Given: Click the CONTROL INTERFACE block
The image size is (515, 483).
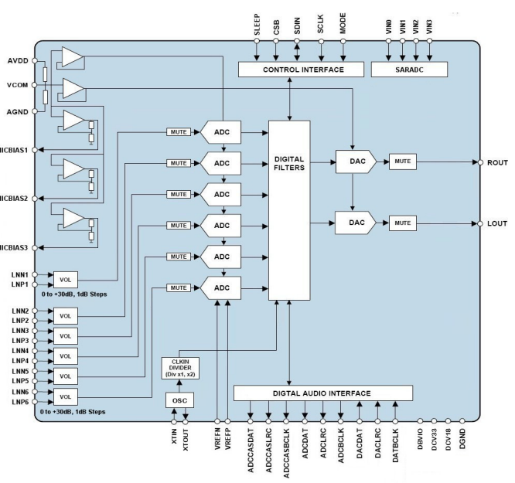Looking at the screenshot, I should pos(302,70).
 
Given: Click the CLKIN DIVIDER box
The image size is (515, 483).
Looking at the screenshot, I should pos(181,369).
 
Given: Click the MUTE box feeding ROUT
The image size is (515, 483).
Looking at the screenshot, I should pos(402,162).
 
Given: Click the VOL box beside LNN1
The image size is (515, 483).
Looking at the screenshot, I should pos(67,279).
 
